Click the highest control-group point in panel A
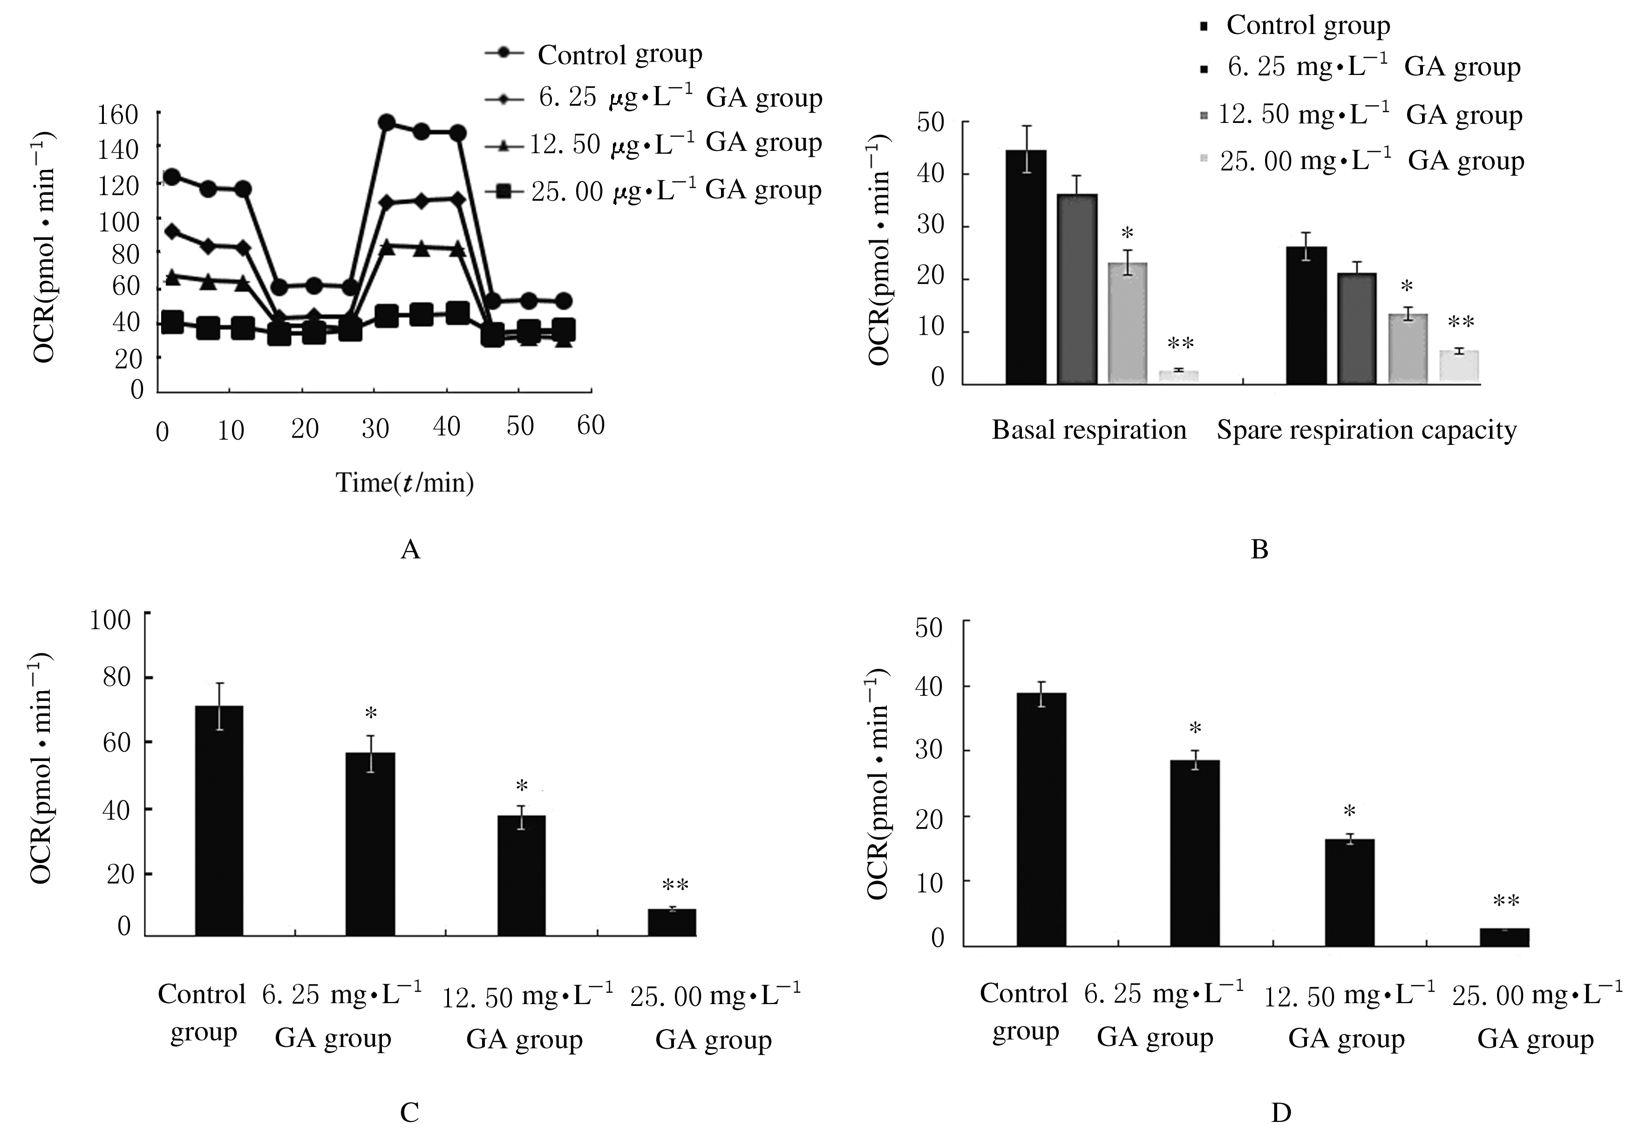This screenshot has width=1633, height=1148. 386,123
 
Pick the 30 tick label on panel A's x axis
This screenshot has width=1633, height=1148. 375,428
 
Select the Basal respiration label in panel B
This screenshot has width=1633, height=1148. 1089,429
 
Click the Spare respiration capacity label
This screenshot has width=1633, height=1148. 1366,429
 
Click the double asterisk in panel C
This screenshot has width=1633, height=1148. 675,885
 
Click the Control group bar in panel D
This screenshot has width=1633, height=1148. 1041,819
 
